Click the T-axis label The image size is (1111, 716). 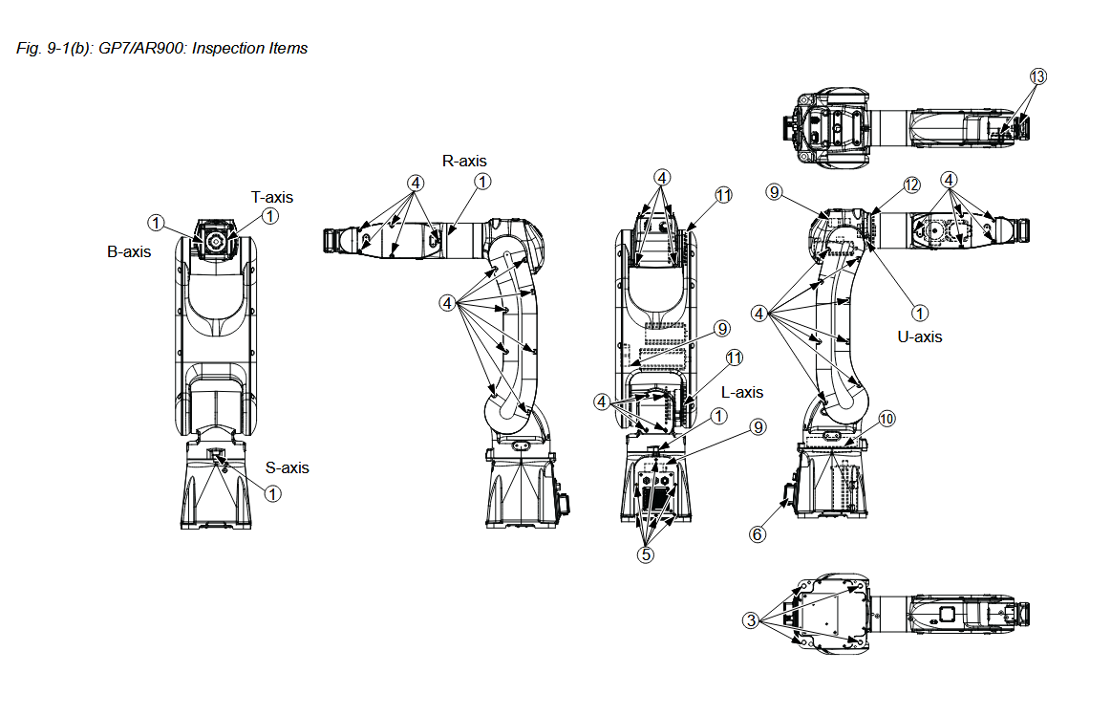272,197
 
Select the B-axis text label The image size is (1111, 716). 129,252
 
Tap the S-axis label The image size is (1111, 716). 288,467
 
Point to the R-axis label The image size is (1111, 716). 464,161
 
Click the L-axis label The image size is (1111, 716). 742,392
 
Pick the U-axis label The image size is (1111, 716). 919,336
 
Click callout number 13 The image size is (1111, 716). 1038,77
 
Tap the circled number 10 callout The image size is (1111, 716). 887,419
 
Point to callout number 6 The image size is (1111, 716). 758,534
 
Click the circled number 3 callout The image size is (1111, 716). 753,620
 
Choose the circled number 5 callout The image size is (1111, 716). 647,553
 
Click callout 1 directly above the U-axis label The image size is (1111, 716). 920,312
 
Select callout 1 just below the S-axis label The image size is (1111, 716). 273,493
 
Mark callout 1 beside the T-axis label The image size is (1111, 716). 270,217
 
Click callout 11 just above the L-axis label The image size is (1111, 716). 734,358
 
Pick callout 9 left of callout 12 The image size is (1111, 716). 774,192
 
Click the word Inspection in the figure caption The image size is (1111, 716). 225,48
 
